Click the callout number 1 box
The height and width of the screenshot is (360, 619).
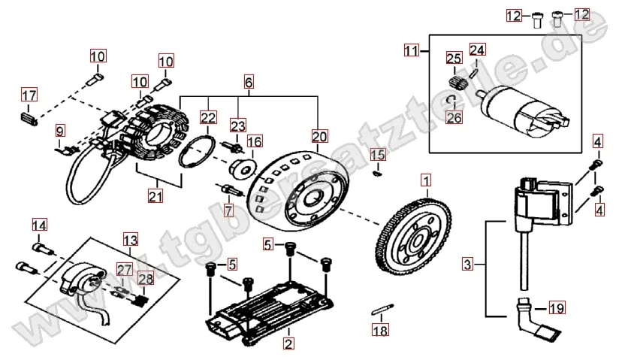point(426,180)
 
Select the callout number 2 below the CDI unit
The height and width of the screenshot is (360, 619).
point(288,343)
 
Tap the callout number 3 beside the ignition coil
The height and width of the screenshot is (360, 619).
point(468,265)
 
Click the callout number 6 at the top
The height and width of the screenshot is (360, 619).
point(249,80)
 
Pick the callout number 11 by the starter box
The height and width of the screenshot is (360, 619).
point(411,51)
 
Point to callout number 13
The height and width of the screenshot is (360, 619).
point(130,240)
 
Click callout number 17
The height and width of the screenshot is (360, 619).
point(29,95)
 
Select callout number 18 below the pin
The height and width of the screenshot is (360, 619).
point(381,330)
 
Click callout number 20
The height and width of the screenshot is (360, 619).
point(319,136)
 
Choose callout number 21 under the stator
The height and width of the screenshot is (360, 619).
point(155,197)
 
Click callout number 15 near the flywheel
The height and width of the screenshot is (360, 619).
point(378,156)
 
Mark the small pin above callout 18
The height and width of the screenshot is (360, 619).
point(381,309)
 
